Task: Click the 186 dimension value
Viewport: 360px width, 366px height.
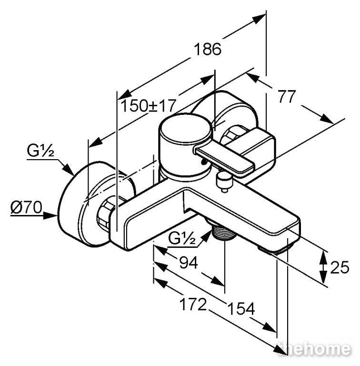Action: (208, 49)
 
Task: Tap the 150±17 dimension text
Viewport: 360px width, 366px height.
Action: (148, 105)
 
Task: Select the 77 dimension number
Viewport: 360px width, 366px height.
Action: (287, 96)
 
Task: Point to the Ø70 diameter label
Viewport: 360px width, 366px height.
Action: (26, 207)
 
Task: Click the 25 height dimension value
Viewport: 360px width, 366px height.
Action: (340, 267)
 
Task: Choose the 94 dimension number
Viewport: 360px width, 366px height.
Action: (189, 263)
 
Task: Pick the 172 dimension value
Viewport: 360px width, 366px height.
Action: (193, 304)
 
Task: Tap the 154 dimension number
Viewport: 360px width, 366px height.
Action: (241, 309)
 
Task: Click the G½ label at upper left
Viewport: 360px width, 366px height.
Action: (40, 151)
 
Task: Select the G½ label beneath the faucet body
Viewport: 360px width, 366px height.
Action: (182, 238)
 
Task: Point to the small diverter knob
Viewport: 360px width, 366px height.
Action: (224, 182)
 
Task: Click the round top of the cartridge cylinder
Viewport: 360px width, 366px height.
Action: (185, 128)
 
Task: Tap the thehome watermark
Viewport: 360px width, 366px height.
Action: (315, 349)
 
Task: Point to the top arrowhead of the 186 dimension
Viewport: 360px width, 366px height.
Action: (259, 19)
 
